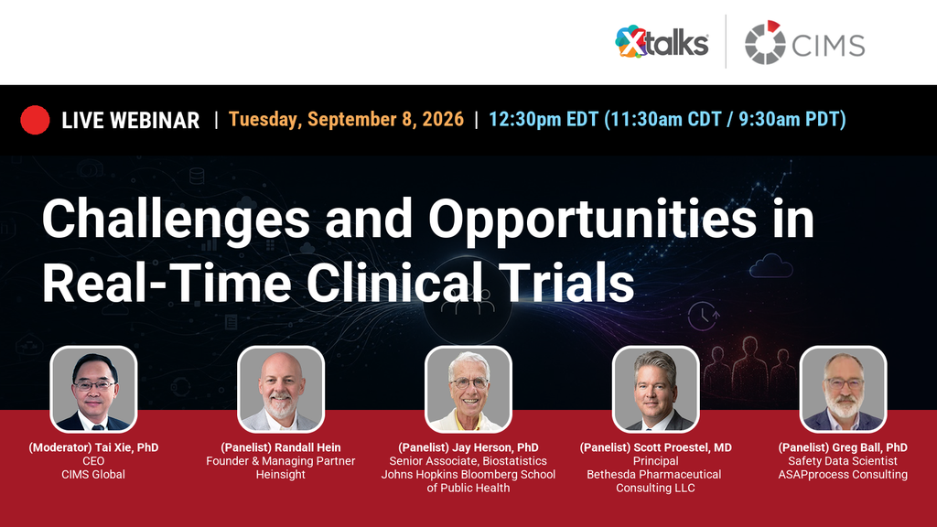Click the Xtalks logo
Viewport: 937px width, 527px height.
click(662, 42)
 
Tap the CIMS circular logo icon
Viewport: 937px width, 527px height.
click(765, 42)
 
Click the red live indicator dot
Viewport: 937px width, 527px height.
click(35, 120)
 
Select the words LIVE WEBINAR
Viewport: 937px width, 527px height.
click(130, 120)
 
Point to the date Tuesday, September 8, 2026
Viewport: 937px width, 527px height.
click(346, 120)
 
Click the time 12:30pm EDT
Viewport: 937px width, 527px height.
click(544, 120)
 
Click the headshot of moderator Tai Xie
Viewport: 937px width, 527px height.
click(93, 389)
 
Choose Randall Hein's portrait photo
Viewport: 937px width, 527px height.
click(281, 389)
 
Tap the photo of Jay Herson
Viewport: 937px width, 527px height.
click(468, 389)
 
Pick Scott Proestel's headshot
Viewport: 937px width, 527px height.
click(655, 389)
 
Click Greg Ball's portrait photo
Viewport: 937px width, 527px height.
click(843, 389)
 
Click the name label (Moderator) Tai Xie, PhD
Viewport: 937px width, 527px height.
click(94, 447)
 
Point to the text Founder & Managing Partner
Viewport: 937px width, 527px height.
click(281, 461)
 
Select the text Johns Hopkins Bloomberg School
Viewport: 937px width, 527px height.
click(468, 475)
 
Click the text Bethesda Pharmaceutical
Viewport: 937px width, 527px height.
click(653, 475)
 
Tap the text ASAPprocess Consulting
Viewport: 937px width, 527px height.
click(843, 475)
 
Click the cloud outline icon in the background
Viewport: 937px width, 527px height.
click(770, 266)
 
